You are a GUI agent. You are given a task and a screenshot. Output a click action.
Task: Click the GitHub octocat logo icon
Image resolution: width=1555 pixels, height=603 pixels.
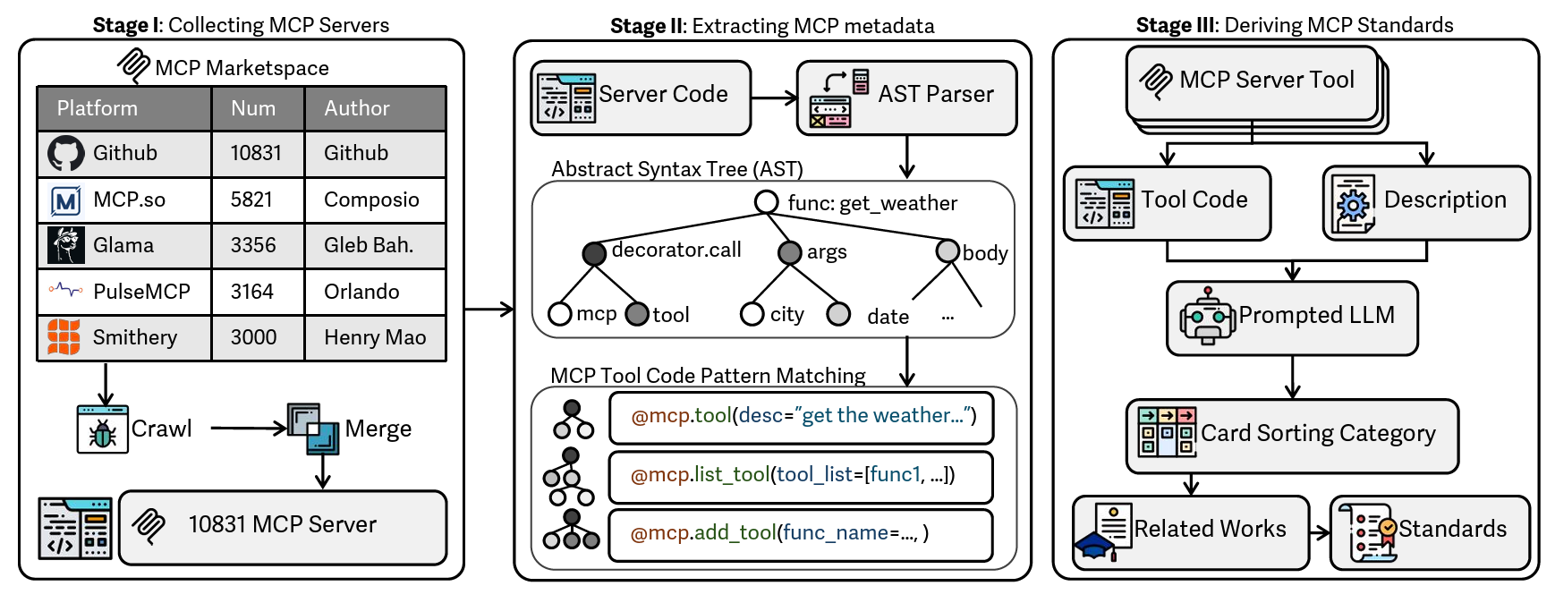66,154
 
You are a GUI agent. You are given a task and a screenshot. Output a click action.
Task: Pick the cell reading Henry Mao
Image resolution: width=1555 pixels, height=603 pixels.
375,337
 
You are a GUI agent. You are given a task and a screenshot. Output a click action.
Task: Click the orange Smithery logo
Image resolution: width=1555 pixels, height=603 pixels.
64,337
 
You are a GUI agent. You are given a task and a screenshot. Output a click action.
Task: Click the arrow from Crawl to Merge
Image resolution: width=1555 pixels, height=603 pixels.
248,429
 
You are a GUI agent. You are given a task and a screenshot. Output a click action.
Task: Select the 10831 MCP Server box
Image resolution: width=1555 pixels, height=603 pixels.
283,527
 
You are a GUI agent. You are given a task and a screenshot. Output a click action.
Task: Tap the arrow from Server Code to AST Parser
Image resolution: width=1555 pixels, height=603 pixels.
773,98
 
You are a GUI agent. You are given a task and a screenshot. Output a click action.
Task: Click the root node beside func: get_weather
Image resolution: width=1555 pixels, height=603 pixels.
766,202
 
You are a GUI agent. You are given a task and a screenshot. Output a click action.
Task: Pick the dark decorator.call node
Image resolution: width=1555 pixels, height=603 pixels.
594,253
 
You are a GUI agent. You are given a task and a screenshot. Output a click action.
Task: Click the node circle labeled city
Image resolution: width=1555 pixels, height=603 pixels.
752,314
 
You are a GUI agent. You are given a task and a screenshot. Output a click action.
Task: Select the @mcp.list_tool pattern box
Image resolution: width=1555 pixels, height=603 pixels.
801,476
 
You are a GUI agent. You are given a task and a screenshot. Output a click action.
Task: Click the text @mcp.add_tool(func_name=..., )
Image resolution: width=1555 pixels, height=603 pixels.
779,533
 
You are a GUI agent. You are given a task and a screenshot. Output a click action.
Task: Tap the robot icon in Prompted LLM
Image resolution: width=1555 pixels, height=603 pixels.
1207,318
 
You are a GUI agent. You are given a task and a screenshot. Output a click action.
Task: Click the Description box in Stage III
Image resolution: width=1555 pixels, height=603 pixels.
1426,202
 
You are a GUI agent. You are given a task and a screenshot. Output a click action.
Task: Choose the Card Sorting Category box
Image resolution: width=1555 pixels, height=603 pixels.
1292,436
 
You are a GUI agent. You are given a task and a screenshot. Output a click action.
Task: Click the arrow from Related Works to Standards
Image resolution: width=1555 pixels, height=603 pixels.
1320,533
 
